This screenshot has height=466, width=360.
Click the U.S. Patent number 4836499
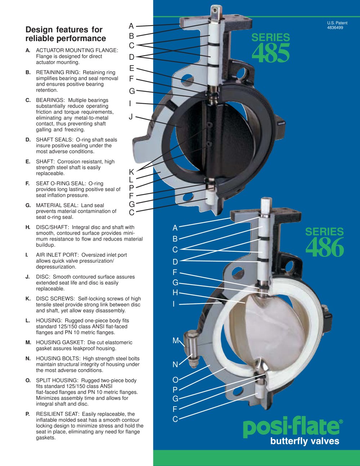[x=335, y=28]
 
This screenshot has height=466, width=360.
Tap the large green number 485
[x=271, y=53]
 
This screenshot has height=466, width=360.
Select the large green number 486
[x=325, y=247]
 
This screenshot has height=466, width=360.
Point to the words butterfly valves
[x=305, y=441]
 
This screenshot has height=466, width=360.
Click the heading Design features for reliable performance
[x=66, y=34]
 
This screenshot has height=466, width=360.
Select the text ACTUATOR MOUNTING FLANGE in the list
[x=77, y=50]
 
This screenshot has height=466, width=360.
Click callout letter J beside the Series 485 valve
[x=130, y=117]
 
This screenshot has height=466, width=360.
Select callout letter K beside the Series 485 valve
[x=131, y=172]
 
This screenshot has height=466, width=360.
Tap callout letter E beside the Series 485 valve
[x=131, y=68]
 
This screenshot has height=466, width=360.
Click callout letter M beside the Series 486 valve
[x=176, y=340]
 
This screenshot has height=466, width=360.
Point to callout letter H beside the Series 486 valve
[x=175, y=292]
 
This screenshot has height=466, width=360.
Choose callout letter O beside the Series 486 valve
[x=176, y=380]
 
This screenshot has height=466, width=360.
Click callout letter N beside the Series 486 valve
[x=175, y=364]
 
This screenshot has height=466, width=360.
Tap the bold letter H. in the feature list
[x=28, y=227]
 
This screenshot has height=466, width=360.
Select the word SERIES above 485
[x=271, y=37]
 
